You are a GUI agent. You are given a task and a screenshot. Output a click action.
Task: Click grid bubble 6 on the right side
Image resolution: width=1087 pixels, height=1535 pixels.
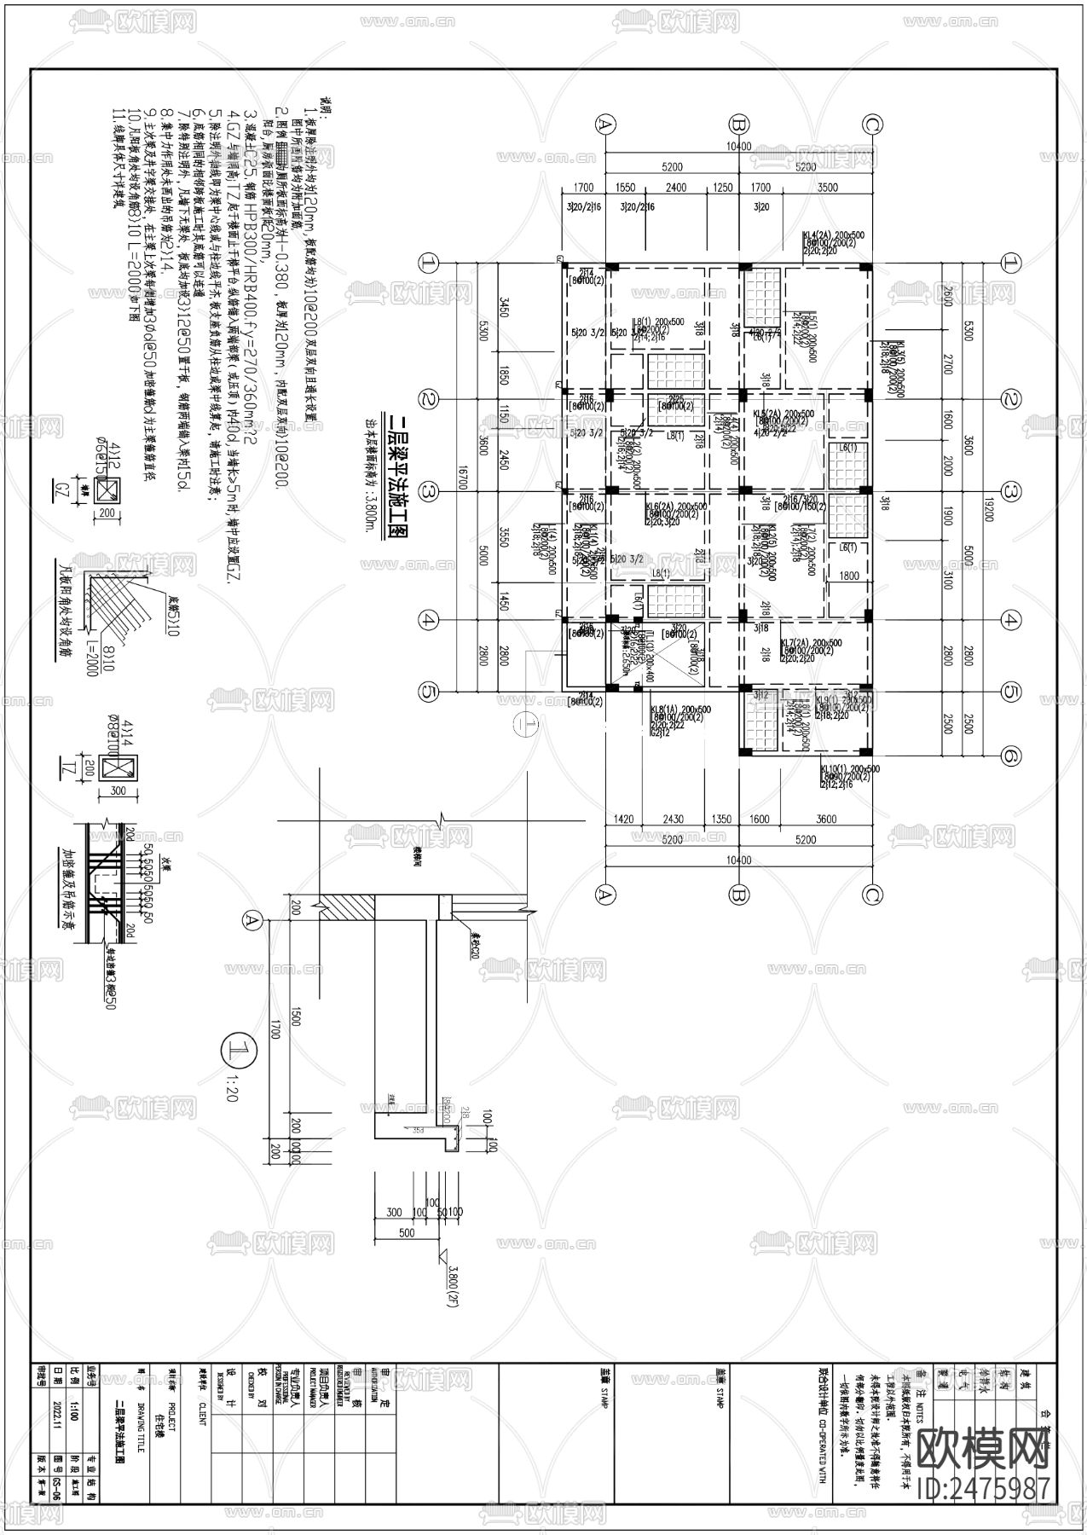point(1010,756)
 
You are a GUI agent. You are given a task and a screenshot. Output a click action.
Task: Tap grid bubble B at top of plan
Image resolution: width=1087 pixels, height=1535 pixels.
point(738,125)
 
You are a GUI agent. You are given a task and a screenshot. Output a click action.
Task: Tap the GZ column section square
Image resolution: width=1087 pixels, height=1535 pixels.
point(109,489)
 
